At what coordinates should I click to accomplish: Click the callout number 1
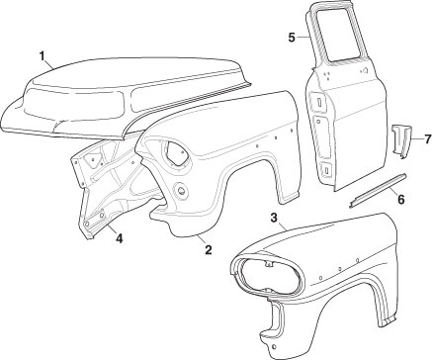pos(42,56)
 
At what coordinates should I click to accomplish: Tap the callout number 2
pos(208,250)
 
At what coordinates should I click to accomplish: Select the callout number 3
pos(274,218)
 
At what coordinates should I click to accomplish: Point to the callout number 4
pos(119,238)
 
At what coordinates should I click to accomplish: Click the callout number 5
pos(292,38)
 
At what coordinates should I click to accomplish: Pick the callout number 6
pos(400,199)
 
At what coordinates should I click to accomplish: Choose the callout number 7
pos(427,139)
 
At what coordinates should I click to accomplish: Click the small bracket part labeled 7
pos(401,140)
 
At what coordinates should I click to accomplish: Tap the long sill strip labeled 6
pos(378,191)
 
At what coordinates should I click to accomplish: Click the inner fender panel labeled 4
pos(109,185)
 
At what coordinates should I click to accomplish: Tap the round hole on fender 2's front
pos(181,190)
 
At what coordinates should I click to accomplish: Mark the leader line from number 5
pos(303,38)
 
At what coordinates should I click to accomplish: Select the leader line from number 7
pos(417,139)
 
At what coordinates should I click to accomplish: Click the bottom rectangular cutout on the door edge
pos(325,170)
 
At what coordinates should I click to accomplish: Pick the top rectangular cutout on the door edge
pos(319,102)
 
